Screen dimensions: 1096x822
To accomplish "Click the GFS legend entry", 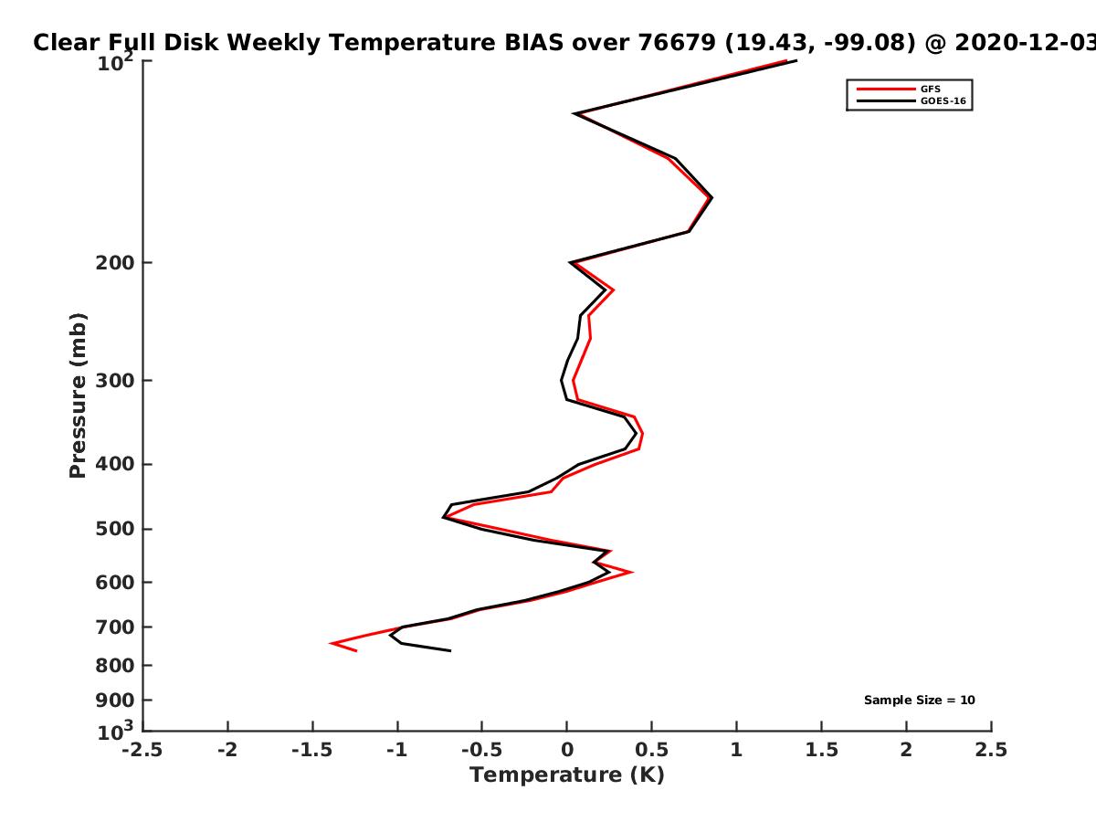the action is [x=899, y=89].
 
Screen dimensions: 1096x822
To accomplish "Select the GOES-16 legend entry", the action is [x=912, y=100].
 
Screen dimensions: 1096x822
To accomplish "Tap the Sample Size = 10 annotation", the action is [x=919, y=701].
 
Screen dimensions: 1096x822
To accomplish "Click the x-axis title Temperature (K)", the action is [x=567, y=775].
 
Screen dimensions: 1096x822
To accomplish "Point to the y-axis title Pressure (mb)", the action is [x=78, y=395].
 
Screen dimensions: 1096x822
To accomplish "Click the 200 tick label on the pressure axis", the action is [x=115, y=262].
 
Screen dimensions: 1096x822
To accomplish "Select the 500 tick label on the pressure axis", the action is [x=115, y=529].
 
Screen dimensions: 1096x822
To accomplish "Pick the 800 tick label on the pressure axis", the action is [x=115, y=665].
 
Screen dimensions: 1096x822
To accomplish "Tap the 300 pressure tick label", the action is [x=115, y=380].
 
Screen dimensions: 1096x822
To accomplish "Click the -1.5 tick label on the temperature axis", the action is [x=312, y=750].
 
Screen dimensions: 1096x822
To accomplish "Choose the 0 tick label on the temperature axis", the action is [x=567, y=750].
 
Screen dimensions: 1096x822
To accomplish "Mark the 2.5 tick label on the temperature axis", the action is [x=991, y=750].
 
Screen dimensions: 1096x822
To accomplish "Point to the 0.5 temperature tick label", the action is [x=651, y=750].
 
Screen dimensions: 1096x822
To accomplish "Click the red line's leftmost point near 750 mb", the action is [x=331, y=643].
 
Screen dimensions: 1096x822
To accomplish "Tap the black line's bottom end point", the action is [x=450, y=651].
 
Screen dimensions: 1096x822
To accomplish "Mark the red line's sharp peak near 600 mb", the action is [x=633, y=572].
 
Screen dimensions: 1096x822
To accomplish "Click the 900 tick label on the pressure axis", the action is [x=115, y=701].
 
